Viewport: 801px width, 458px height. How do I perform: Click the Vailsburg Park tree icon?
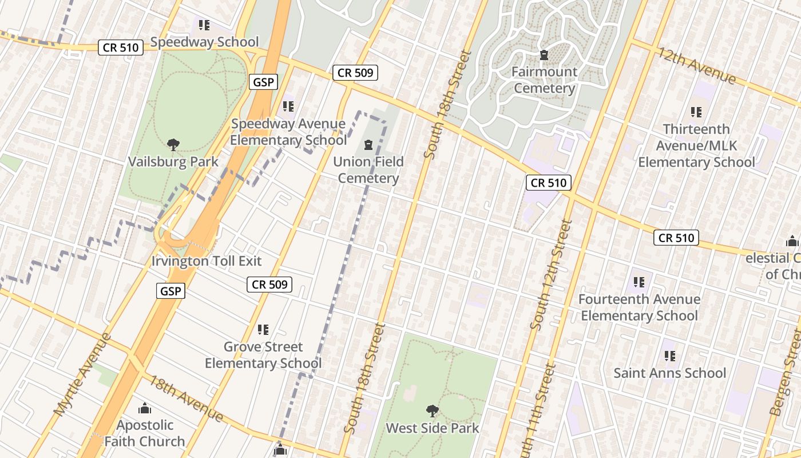(173, 144)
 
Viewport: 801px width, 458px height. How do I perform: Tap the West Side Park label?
(433, 428)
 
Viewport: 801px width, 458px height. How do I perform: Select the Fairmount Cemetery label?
(544, 80)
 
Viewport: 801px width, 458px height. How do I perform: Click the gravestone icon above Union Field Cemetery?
(368, 145)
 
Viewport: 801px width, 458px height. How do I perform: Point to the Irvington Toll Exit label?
(206, 261)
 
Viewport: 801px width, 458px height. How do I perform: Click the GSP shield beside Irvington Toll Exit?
(170, 291)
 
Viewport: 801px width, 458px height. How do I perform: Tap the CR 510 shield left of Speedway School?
(120, 48)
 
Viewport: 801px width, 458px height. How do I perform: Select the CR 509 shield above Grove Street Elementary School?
(269, 284)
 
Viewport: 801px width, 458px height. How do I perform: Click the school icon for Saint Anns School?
(670, 356)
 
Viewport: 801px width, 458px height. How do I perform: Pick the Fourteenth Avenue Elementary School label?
(639, 307)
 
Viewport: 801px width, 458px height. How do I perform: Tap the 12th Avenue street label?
(696, 65)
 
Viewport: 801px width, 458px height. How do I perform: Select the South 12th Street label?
(551, 275)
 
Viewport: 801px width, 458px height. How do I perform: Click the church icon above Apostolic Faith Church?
(145, 408)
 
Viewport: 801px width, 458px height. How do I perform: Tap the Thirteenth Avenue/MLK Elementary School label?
(696, 146)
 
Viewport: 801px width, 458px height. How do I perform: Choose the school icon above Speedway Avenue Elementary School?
(288, 106)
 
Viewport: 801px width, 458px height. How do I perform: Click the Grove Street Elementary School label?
(263, 355)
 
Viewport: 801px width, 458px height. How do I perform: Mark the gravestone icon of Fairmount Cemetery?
(544, 55)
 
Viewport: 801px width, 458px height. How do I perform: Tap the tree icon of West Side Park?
(433, 410)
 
